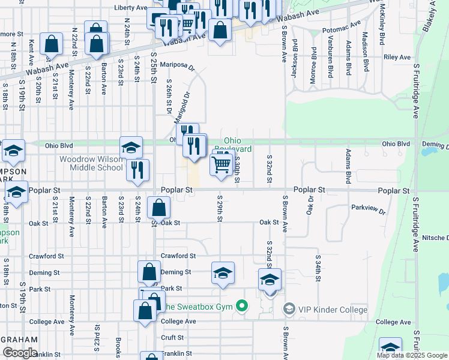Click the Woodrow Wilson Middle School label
pyautogui.click(x=91, y=163)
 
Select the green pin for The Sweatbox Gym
pyautogui.click(x=242, y=307)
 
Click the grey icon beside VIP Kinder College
pyautogui.click(x=289, y=309)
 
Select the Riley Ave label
pyautogui.click(x=397, y=58)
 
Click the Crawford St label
pyautogui.click(x=178, y=256)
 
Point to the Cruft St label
pyautogui.click(x=172, y=338)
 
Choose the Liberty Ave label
pyautogui.click(x=130, y=8)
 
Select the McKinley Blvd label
pyautogui.click(x=382, y=33)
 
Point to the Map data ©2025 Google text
pyautogui.click(x=411, y=355)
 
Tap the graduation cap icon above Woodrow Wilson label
pyautogui.click(x=131, y=147)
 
